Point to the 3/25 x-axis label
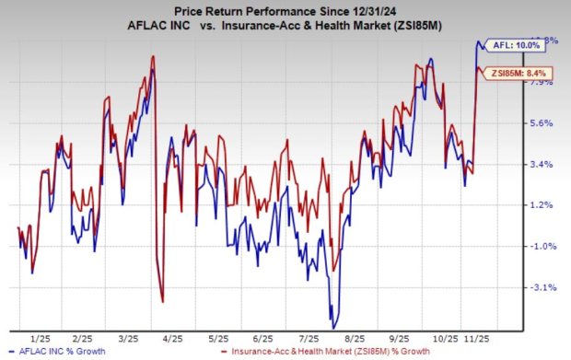128,337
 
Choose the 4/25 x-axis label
173,337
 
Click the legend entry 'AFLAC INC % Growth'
60,353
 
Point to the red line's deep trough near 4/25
162,301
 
